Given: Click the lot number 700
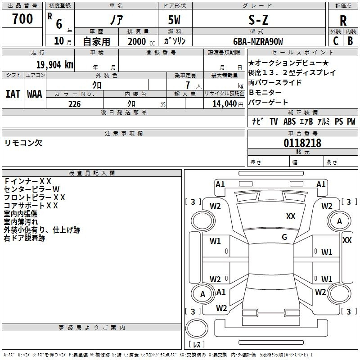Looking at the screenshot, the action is coord(22,19).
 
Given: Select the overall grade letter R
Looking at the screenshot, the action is coord(343,21).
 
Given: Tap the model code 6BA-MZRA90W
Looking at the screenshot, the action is coord(258,41).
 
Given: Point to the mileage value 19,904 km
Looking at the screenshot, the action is coord(55,65).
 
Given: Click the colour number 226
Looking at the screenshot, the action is coord(74,104).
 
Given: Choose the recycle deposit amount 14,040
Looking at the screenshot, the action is coord(225,103).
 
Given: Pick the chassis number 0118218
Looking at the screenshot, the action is coord(302,143).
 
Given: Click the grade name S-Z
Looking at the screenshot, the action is coord(258,20).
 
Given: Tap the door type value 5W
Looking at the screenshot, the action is coord(174,20).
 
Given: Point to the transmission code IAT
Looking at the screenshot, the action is coord(13,94).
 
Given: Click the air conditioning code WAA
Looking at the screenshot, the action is coord(35,94).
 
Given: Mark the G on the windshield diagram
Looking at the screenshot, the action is coord(284,237).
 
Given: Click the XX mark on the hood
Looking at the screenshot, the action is coord(291,216).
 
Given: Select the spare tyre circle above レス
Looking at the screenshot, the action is coord(197,328).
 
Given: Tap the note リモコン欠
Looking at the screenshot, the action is coord(23,143).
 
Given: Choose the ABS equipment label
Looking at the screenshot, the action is coord(289,121).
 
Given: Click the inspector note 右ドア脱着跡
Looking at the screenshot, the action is coord(24,238).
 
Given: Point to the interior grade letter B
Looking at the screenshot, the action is coord(350,41).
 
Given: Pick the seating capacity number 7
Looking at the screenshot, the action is coord(188,85).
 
